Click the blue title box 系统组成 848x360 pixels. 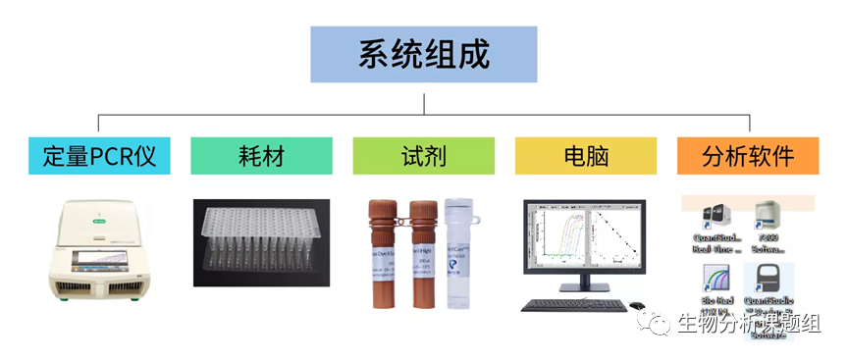point(423,54)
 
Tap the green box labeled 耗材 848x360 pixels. point(261,155)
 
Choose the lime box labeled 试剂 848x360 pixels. point(423,155)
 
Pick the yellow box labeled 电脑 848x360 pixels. point(585,155)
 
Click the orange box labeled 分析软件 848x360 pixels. point(748,155)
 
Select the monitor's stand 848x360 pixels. point(585,287)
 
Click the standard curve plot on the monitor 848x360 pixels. point(615,239)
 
